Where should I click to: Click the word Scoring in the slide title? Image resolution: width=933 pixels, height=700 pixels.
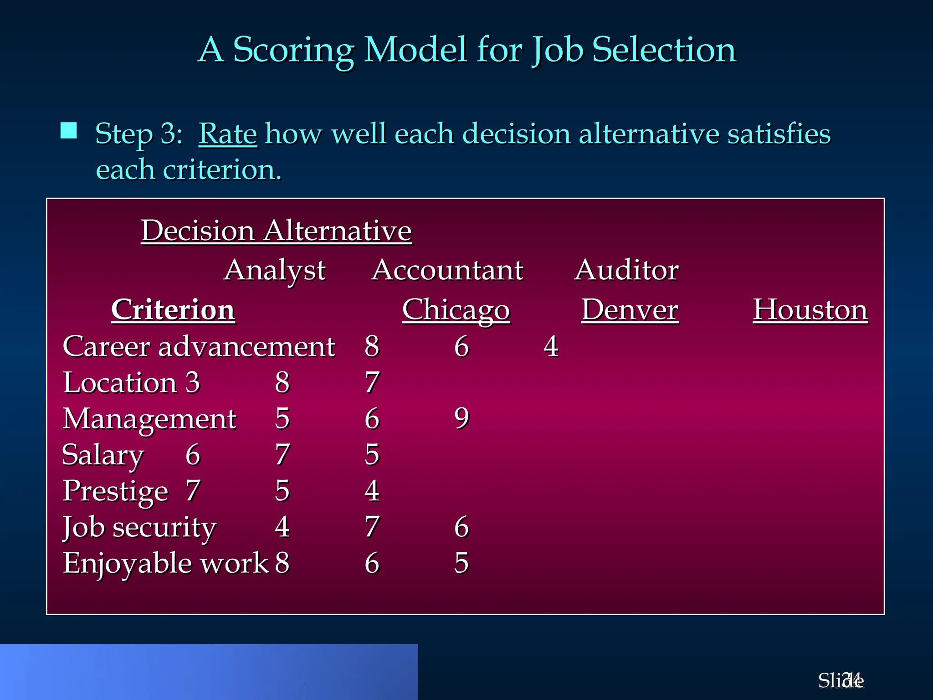[293, 50]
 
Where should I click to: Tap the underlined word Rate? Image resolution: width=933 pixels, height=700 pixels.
[228, 134]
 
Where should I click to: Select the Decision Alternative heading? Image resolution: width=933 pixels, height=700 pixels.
[276, 231]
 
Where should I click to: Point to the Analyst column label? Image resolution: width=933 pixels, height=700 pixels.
[275, 270]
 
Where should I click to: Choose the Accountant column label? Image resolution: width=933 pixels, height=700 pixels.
[447, 270]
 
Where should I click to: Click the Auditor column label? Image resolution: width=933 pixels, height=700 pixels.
[626, 270]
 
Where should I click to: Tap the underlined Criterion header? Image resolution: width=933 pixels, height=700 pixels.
[173, 310]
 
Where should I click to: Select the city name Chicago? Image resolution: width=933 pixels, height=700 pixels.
[456, 310]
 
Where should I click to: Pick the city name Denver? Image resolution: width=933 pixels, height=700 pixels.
[630, 310]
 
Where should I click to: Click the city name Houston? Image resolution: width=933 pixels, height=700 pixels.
[810, 310]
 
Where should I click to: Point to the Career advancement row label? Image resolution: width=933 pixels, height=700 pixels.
[199, 346]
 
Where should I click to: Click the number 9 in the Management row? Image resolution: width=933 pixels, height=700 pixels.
[461, 418]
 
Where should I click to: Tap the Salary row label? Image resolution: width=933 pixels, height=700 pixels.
[103, 454]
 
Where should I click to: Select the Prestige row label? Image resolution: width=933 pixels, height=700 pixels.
[115, 491]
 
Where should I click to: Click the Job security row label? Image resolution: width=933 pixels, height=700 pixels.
[139, 527]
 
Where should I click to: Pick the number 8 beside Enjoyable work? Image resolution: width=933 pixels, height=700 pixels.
[282, 563]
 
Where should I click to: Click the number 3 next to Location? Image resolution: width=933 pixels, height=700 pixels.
[193, 382]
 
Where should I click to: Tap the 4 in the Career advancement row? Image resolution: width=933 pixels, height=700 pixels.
[551, 346]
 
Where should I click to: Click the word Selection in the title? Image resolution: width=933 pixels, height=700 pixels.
[664, 50]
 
